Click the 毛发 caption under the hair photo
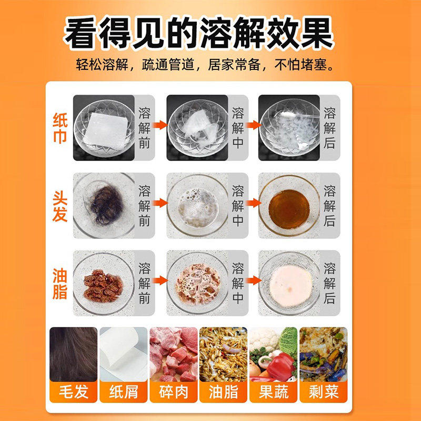(x=73, y=392)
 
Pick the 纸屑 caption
(x=123, y=392)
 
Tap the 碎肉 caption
(x=173, y=392)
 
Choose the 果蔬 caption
(x=274, y=392)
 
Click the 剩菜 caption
(x=324, y=392)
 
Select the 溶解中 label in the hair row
(x=237, y=205)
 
